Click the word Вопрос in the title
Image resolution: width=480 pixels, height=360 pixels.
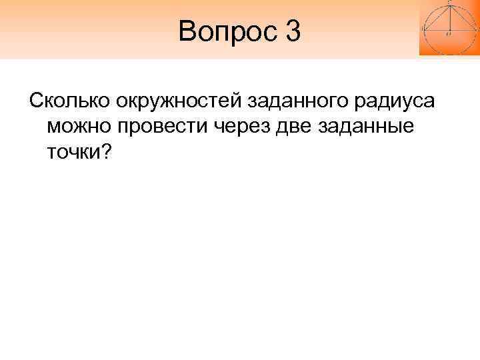[221, 31]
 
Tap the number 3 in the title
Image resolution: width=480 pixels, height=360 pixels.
[293, 31]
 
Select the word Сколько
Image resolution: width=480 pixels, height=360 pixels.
[69, 102]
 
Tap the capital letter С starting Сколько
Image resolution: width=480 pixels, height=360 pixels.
[33, 102]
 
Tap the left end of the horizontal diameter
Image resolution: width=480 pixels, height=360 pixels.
[424, 30]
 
